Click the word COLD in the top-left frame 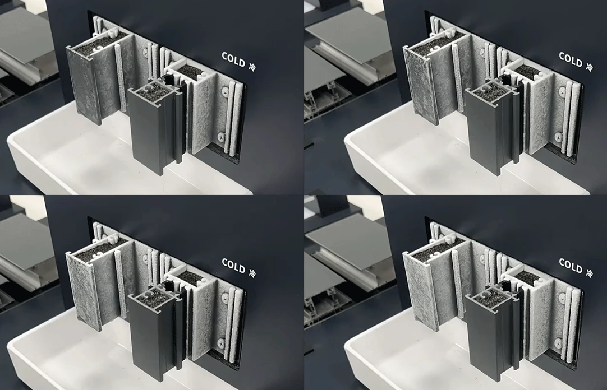tap(233, 60)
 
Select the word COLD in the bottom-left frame tap(233, 266)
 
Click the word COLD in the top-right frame tap(570, 60)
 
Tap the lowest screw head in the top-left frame tap(222, 136)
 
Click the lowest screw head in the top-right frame tap(559, 136)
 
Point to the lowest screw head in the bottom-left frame tap(222, 342)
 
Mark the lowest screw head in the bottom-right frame tap(559, 342)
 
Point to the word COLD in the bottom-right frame tap(570, 266)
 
